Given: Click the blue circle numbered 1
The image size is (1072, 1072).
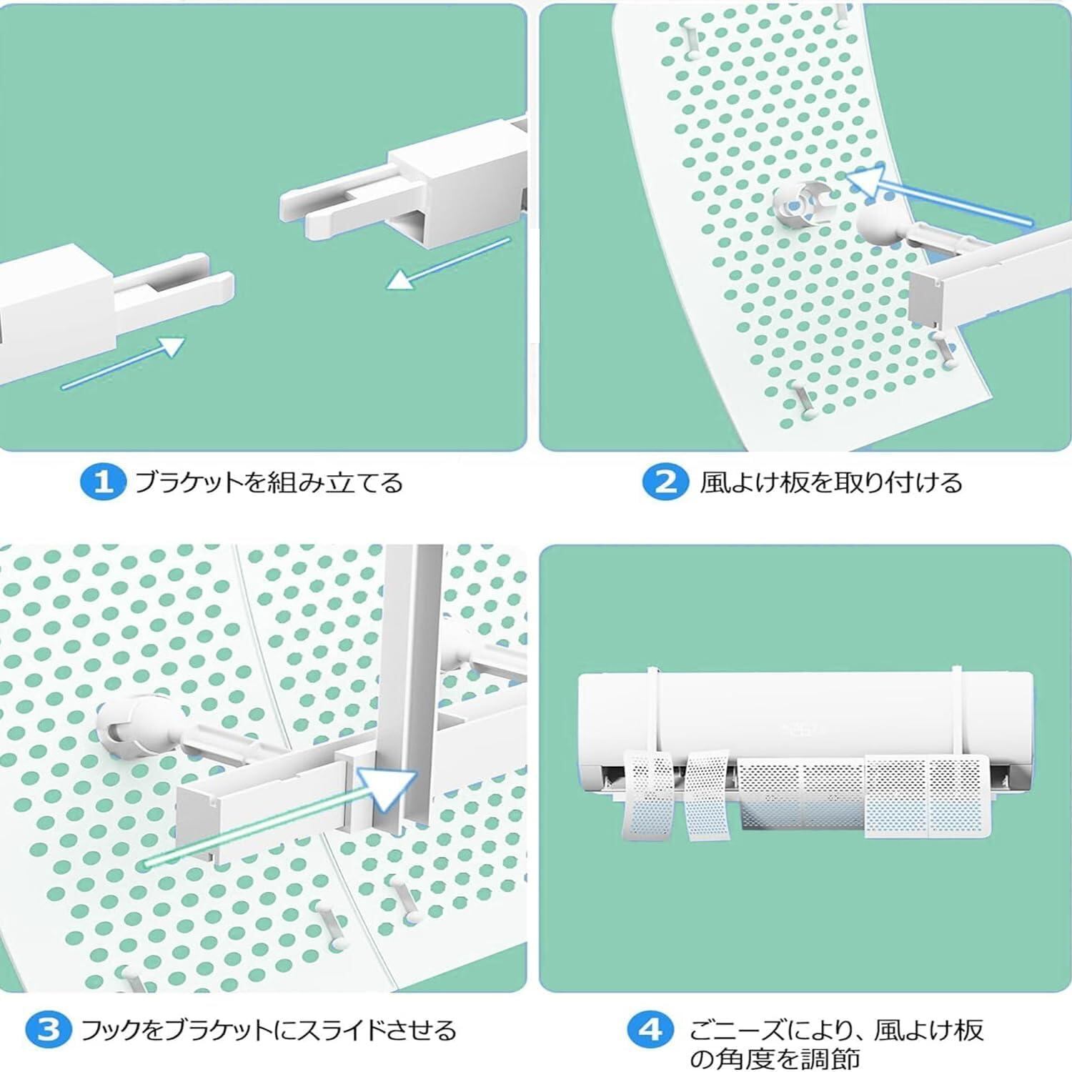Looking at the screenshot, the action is (103, 482).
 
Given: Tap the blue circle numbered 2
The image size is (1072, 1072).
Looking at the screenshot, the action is (665, 482).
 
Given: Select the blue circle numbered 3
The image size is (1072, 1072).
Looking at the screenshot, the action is (49, 1030).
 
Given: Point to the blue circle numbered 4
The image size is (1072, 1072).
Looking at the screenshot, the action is (650, 1030).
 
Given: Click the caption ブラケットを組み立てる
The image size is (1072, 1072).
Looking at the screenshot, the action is (269, 483).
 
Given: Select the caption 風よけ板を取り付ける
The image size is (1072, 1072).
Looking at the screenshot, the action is (830, 483).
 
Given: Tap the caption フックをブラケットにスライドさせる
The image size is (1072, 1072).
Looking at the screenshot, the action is (269, 1031).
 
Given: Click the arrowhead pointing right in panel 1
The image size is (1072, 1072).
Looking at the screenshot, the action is (169, 349).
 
